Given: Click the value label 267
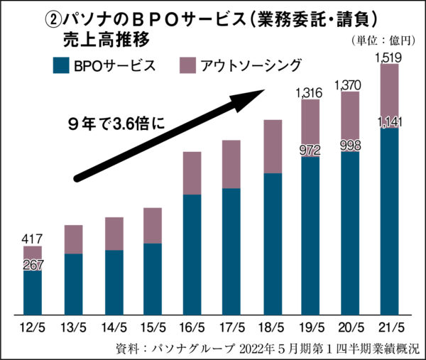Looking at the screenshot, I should (x=33, y=266).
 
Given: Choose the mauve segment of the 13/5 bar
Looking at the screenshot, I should (x=72, y=239).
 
